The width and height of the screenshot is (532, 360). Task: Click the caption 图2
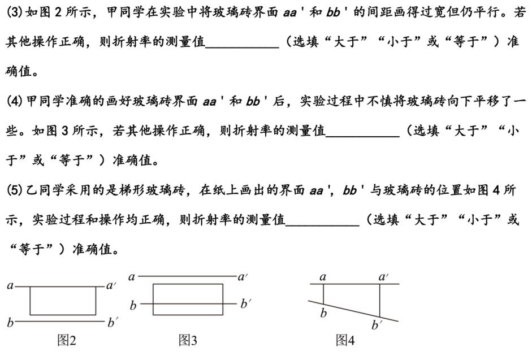67,340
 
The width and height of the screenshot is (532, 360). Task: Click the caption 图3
188,340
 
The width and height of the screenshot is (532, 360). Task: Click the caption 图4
345,340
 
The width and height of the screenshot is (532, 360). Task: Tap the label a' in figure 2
111,286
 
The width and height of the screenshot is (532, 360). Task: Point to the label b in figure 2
10,322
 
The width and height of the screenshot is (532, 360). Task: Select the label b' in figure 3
246,303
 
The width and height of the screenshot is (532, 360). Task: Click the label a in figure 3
132,277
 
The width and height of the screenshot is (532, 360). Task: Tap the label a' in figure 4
384,277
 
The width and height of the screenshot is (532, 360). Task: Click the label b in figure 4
323,313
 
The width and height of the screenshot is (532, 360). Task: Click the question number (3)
15,12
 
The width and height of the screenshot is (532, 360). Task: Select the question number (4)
15,101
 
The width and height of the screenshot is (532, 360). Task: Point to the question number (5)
15,190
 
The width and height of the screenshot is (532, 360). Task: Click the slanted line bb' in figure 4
353,311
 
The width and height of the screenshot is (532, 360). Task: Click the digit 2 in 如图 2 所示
58,12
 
